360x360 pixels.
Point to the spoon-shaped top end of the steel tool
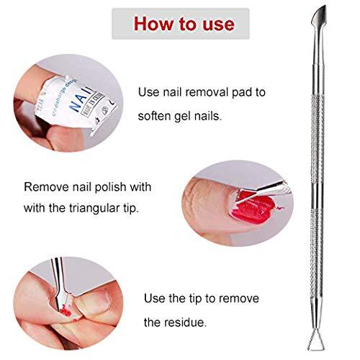(336, 15)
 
